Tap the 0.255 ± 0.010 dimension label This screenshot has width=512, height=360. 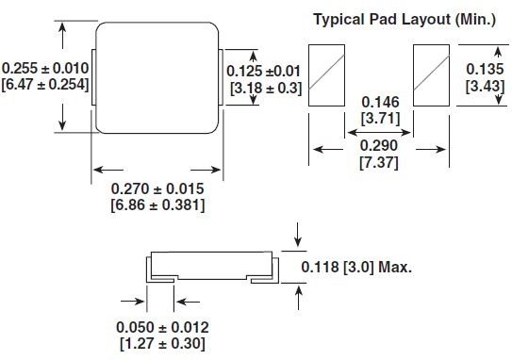44,68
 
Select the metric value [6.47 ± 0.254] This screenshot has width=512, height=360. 44,85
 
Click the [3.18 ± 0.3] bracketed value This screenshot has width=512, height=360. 264,89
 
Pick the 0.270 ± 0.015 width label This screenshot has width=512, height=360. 157,188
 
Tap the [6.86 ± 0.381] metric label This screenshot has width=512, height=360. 157,205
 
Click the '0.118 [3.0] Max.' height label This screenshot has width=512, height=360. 357,267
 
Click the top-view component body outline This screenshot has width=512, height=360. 157,77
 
